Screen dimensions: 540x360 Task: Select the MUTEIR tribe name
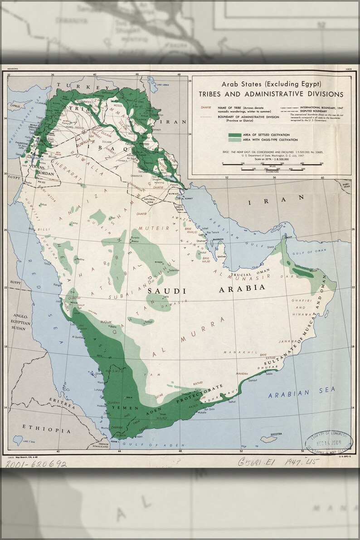pos(153,228)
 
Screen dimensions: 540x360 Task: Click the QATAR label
pos(222,256)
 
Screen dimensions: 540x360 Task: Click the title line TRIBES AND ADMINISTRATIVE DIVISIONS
pos(270,94)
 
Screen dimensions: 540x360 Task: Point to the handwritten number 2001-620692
pos(36,464)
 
